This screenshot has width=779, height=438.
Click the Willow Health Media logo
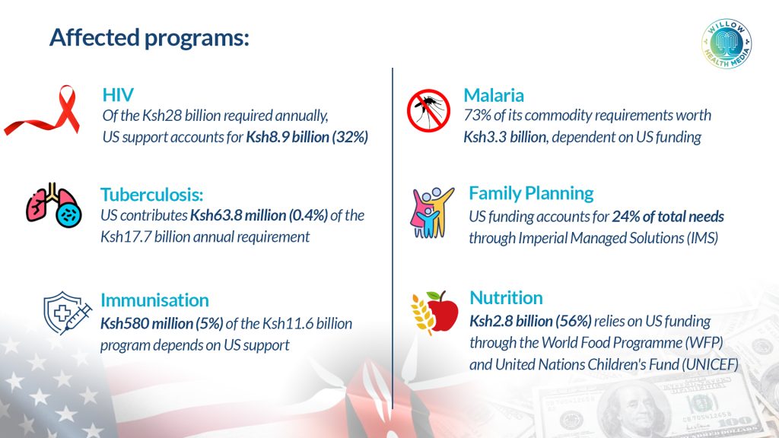pos(727,43)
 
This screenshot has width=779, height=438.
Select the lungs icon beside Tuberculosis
pos(54,205)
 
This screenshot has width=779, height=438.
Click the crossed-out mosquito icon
pos(428,111)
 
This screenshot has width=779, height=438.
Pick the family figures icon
pos(431,213)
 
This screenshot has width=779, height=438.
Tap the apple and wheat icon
pos(434,311)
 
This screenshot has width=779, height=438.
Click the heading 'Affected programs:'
pos(149,38)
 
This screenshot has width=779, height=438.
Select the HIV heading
pos(118,95)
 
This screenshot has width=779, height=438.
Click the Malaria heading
pos(493,95)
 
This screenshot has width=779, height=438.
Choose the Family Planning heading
pos(531,193)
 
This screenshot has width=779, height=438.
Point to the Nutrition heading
pos(506,297)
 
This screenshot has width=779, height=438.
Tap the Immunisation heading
pos(154,300)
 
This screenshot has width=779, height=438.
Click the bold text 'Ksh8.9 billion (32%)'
pos(307,137)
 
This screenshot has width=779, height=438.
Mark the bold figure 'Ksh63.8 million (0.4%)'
pos(259,215)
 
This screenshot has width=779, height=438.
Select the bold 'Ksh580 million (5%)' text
pos(161,324)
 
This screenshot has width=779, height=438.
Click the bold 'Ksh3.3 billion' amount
pos(505,137)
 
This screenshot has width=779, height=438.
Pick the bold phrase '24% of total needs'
pos(668,217)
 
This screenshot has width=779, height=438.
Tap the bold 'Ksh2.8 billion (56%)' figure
pos(530,322)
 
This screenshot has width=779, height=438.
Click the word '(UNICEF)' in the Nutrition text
pos(710,364)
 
